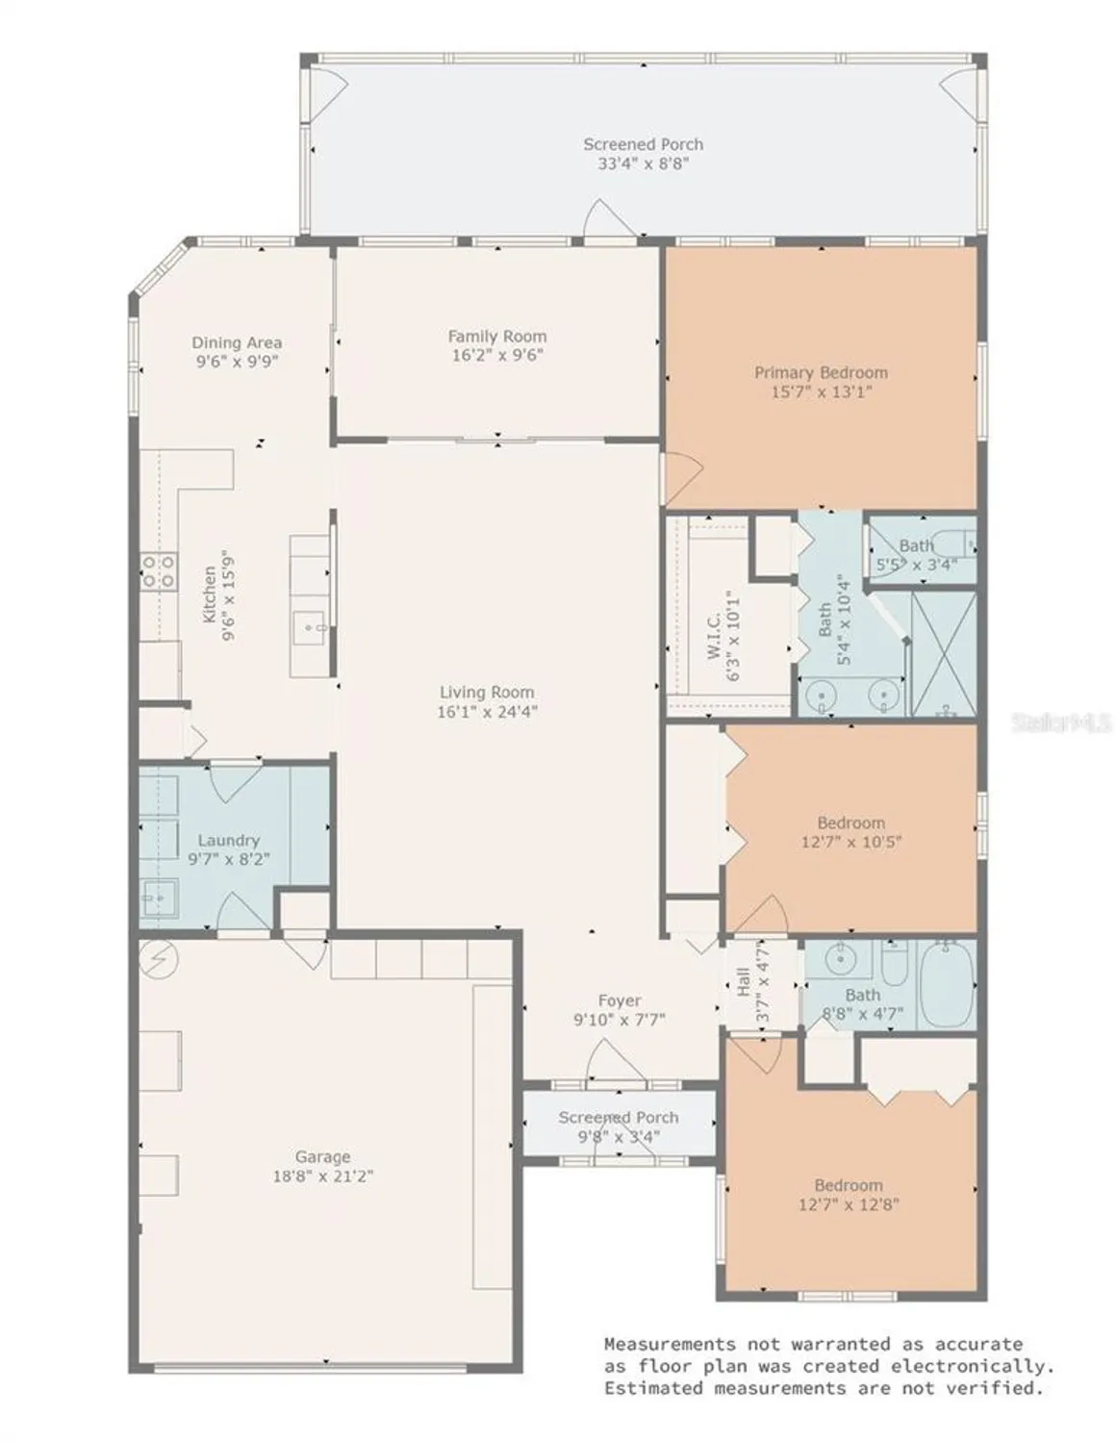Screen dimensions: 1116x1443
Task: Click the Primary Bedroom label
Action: click(821, 372)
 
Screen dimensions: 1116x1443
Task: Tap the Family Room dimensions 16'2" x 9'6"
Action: click(497, 355)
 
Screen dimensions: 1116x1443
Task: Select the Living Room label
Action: click(487, 692)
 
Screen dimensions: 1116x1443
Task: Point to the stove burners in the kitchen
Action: click(158, 571)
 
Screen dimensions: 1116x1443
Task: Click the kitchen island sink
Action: click(310, 627)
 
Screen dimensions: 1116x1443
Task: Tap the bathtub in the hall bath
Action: click(947, 985)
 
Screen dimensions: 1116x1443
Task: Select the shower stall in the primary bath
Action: click(944, 654)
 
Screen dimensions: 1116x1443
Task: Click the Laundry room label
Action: click(228, 840)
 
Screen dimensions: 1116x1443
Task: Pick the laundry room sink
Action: click(160, 898)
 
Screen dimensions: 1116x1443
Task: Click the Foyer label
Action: click(620, 1000)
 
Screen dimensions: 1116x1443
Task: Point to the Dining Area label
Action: click(237, 342)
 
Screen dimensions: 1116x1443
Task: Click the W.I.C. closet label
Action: click(715, 636)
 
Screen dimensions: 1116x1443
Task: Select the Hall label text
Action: click(744, 981)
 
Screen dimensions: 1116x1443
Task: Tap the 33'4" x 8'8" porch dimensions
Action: click(643, 164)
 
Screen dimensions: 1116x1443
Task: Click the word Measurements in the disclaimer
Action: click(670, 1345)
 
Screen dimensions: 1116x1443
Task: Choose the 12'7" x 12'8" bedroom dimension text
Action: click(849, 1203)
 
